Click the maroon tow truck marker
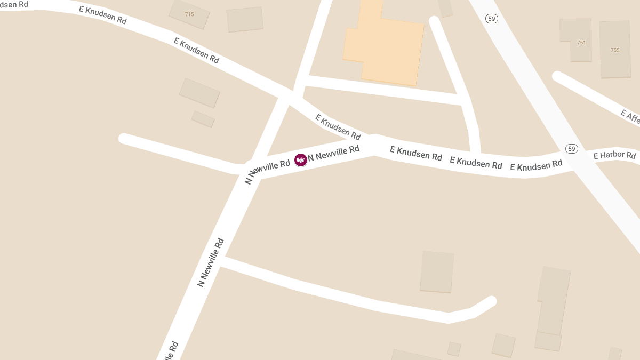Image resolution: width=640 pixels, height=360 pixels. tap(301, 159)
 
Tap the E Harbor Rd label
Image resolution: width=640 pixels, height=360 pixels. tap(614, 156)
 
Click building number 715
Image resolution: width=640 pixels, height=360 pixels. tap(189, 14)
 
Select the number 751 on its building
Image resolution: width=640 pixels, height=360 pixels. tap(581, 43)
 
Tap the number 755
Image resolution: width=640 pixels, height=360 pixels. tap(615, 50)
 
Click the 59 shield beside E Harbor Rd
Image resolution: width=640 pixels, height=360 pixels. tap(572, 148)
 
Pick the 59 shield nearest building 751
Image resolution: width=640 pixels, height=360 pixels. tap(492, 19)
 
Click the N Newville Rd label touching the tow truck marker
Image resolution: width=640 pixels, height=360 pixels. tap(334, 153)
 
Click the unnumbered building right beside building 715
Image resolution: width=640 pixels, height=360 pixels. tap(245, 19)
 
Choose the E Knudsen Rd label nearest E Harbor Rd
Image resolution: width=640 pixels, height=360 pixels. tap(536, 165)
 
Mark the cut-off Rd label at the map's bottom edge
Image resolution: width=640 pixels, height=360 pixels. tap(173, 350)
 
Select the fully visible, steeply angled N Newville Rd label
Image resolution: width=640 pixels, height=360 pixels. tap(211, 262)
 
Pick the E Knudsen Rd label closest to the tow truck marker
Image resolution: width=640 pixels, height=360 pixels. tap(338, 126)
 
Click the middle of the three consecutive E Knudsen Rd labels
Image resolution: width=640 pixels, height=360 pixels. tap(476, 162)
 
